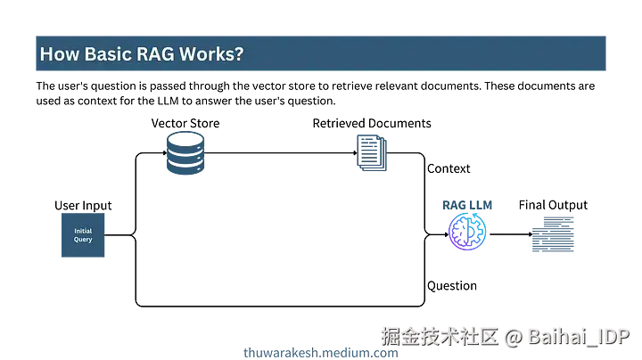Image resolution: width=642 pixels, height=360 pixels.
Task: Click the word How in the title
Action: pyautogui.click(x=56, y=54)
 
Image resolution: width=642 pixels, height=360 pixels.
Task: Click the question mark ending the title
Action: pyautogui.click(x=238, y=54)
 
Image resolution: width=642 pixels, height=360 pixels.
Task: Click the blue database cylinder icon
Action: pyautogui.click(x=185, y=153)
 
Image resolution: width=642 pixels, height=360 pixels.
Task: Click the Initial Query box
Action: pyautogui.click(x=82, y=237)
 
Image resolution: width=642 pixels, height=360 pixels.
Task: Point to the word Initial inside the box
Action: pyautogui.click(x=82, y=232)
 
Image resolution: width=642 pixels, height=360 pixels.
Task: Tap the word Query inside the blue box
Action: pyautogui.click(x=82, y=241)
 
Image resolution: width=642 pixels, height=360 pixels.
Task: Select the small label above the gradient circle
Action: pyautogui.click(x=469, y=205)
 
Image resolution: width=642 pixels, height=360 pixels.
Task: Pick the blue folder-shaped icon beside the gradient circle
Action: pyautogui.click(x=553, y=236)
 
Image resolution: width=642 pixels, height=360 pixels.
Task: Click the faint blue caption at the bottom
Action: pyautogui.click(x=319, y=352)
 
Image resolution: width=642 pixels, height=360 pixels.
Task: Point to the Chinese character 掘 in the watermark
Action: pyautogui.click(x=391, y=337)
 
